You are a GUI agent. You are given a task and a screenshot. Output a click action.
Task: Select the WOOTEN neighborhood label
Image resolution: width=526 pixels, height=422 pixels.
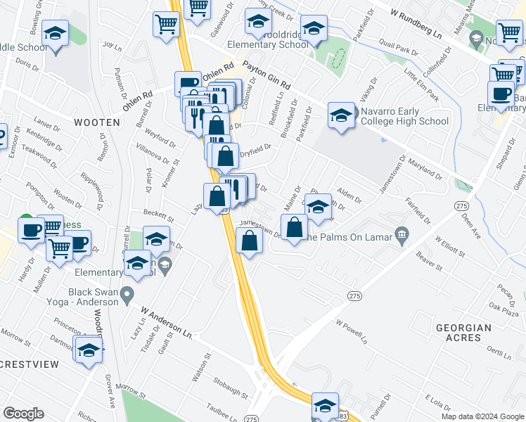click(96, 122)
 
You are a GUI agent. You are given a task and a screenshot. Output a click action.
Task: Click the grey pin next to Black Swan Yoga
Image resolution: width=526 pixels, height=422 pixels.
click(127, 293)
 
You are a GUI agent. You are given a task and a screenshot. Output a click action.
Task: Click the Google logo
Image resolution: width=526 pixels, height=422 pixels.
click(23, 414)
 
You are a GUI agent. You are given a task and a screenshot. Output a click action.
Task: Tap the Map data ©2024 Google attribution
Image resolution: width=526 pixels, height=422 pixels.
click(482, 416)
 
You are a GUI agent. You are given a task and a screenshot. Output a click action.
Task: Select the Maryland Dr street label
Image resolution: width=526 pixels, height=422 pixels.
click(425, 170)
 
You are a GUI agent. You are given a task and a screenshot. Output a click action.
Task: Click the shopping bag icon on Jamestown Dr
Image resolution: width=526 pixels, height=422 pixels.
click(250, 241)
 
